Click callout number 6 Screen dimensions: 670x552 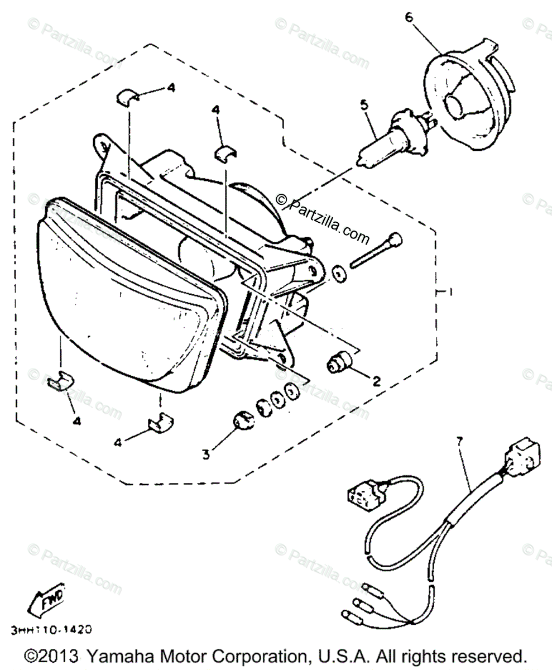409,17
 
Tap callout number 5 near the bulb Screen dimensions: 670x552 364,104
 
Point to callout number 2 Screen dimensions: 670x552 376,381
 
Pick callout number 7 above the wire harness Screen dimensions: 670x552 459,442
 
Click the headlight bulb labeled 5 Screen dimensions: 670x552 391,134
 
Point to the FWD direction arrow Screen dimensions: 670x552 47,600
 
